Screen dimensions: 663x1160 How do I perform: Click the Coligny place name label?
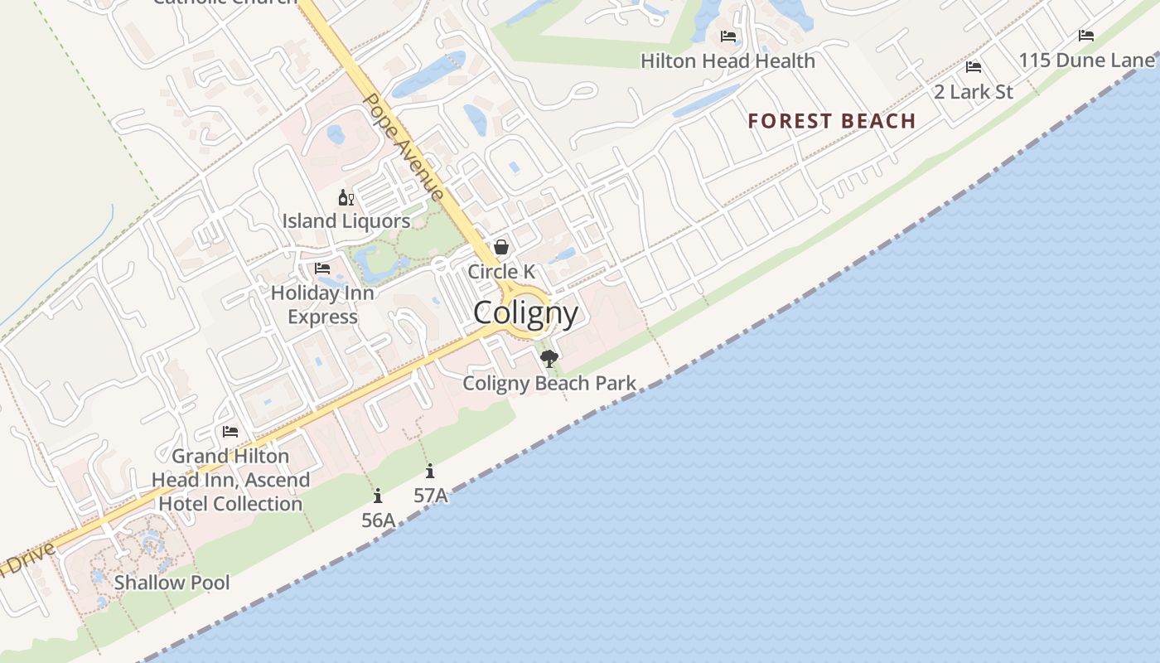pos(525,313)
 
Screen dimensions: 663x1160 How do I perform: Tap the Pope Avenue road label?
pos(404,147)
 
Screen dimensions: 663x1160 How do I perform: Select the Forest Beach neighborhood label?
pos(831,121)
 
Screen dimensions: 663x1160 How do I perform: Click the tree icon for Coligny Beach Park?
pos(549,358)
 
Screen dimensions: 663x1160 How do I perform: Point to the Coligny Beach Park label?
pos(549,383)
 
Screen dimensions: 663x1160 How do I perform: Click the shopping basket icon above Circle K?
pos(501,247)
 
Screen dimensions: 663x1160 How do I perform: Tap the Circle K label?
pos(501,272)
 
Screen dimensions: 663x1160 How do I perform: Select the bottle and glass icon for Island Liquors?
pos(346,197)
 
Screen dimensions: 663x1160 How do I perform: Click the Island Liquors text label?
pos(346,221)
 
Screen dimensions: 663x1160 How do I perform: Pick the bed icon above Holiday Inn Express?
pos(322,269)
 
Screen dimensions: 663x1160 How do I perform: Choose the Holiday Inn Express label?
pos(322,304)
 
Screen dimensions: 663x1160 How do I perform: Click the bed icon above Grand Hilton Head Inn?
pos(230,432)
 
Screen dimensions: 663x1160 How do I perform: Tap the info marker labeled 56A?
pos(378,496)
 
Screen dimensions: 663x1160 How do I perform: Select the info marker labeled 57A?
pos(430,472)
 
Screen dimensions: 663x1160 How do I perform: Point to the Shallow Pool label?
pos(172,582)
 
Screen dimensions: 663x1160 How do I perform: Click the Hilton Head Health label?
pos(727,60)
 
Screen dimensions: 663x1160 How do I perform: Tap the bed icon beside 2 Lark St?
pos(974,67)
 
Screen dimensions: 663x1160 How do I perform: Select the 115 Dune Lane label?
pos(1086,60)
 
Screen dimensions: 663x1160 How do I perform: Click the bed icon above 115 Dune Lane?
pos(1086,36)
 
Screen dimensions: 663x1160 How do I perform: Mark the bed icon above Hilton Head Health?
pos(728,36)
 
